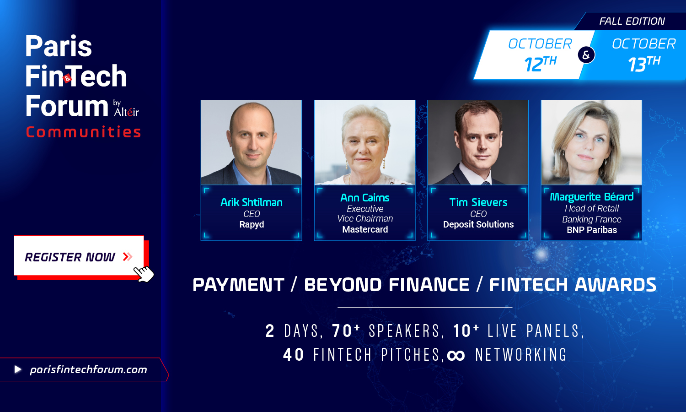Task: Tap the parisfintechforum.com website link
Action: [89, 370]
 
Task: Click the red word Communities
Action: [83, 132]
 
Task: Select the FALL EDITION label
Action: [632, 21]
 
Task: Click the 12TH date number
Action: [540, 64]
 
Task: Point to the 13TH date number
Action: [644, 64]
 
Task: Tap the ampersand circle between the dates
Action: [586, 55]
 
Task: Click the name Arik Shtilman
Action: [252, 202]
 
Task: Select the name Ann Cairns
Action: [365, 198]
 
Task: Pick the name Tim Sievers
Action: [478, 202]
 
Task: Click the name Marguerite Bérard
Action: [592, 197]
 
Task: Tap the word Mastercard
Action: [365, 229]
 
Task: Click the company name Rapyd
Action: [252, 224]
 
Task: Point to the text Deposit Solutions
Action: [478, 224]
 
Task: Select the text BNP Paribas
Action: [592, 230]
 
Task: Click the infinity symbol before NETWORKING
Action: [456, 356]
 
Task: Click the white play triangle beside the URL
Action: [18, 369]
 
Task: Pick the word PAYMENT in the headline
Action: [239, 285]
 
